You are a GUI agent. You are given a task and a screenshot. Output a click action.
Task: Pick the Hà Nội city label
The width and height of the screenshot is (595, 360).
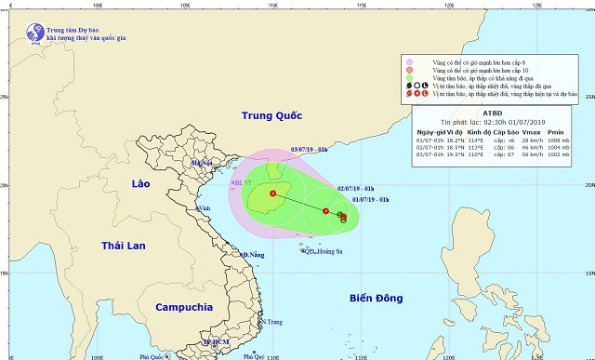201,164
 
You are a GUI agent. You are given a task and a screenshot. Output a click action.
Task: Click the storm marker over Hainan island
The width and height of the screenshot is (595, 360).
273,193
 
